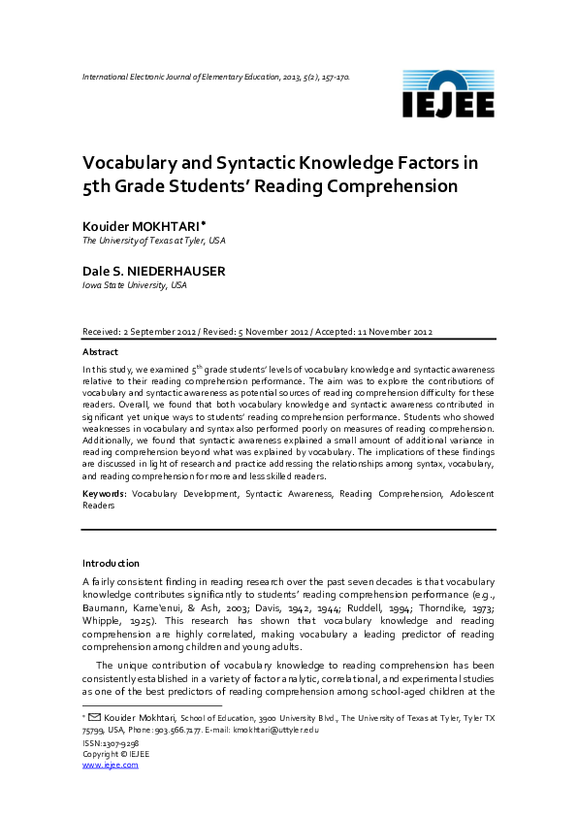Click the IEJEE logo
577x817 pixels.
click(x=447, y=95)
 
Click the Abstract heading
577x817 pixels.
click(x=101, y=352)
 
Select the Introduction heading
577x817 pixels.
click(x=111, y=563)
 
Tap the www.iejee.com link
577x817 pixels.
click(x=111, y=765)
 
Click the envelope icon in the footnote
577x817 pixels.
click(x=94, y=718)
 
